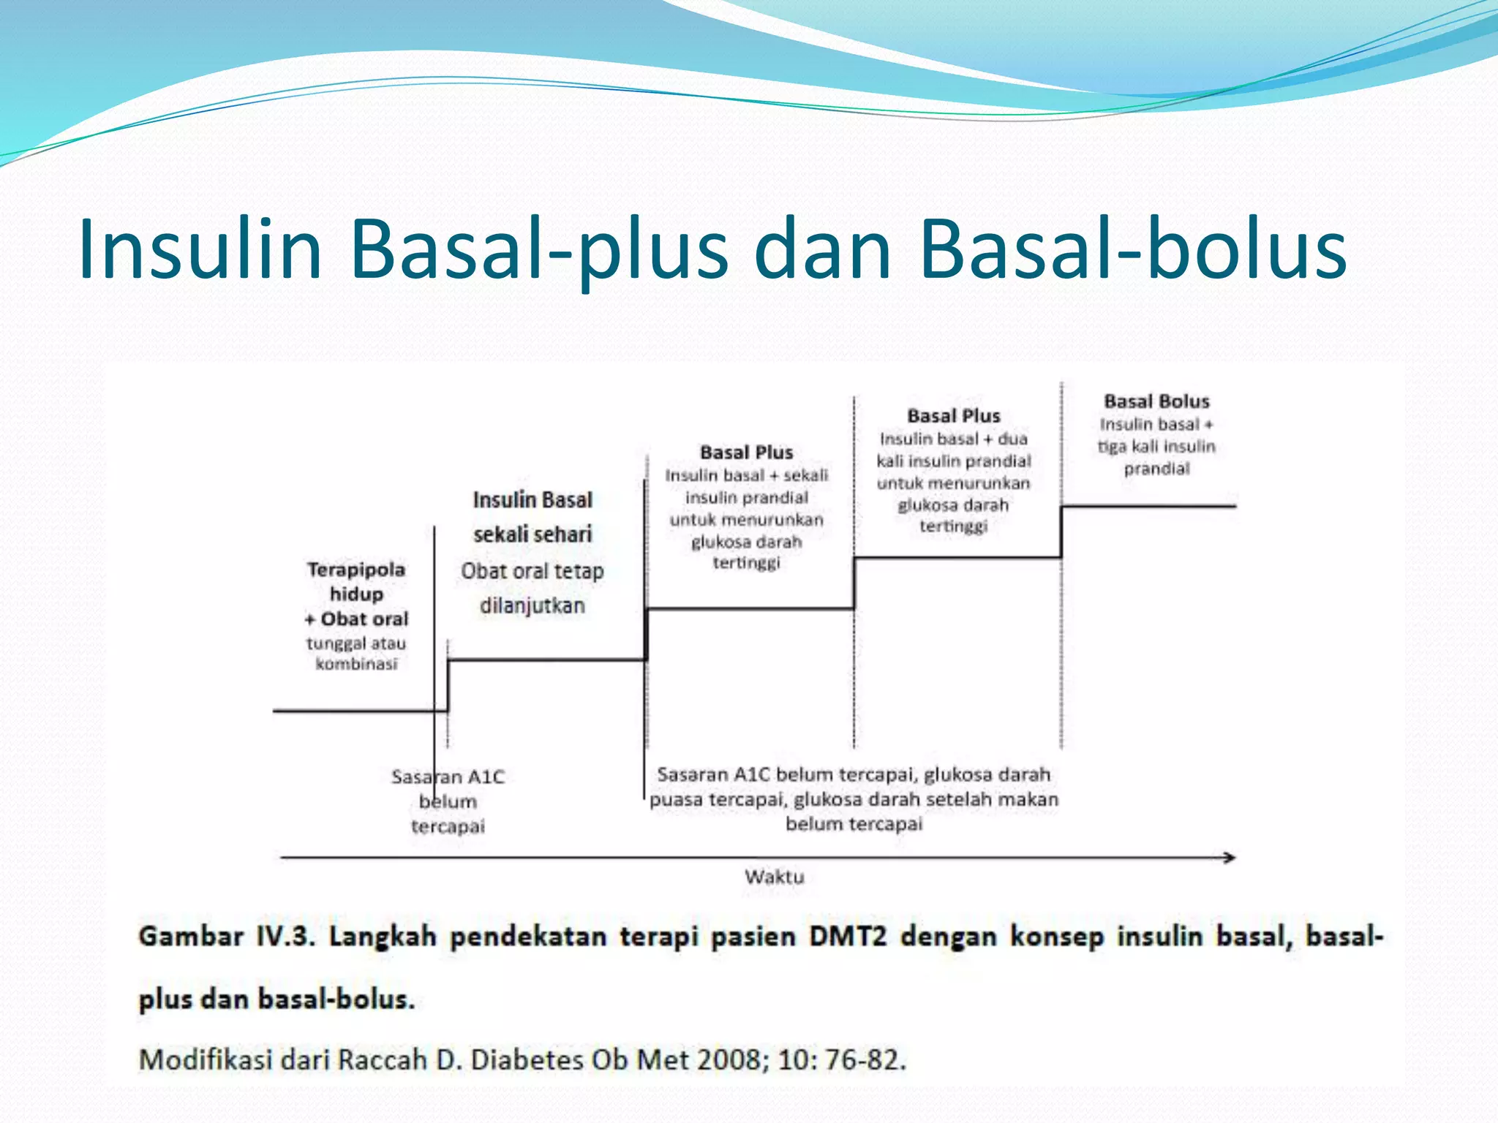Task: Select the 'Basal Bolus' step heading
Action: (1156, 401)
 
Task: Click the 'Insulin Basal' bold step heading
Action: (532, 500)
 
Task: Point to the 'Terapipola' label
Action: (356, 570)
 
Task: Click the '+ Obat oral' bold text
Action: (356, 619)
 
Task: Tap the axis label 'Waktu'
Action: (774, 877)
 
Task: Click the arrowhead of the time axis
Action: (1230, 858)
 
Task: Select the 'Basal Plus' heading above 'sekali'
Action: (746, 453)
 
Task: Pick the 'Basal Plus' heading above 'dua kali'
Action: (953, 416)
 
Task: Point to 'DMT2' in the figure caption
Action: (847, 937)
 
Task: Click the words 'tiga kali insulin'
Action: (1156, 447)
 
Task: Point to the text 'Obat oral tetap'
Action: (532, 571)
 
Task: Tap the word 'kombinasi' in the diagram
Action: (356, 664)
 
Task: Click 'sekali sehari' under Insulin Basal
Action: (532, 534)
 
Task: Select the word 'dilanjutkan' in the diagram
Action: (532, 605)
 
